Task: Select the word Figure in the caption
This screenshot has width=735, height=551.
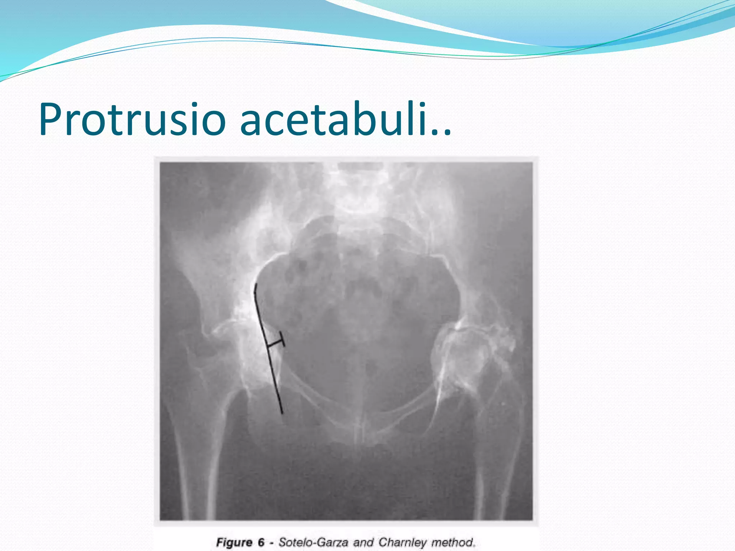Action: tap(234, 542)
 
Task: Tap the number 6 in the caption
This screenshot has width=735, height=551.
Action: tap(261, 542)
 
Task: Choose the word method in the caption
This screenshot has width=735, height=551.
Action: tap(454, 542)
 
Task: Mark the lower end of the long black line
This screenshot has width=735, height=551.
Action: tap(282, 413)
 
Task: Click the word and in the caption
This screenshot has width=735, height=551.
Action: tap(364, 542)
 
